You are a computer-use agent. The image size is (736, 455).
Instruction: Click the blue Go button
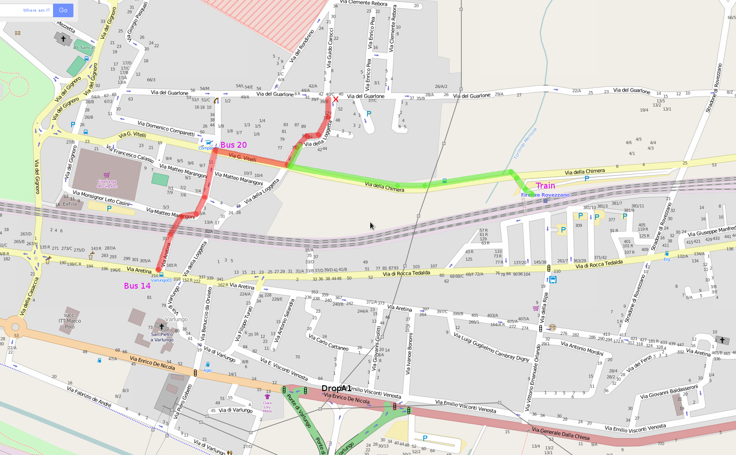(x=63, y=10)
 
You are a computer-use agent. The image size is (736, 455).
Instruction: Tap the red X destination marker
(x=336, y=99)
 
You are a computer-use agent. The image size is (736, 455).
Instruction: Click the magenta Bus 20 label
(x=233, y=145)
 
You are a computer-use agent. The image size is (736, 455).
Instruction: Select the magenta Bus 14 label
(x=137, y=286)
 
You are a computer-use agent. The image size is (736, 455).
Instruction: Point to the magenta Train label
(x=545, y=186)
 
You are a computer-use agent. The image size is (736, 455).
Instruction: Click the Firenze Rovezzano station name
(x=545, y=195)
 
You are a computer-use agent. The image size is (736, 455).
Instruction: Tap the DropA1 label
(x=336, y=388)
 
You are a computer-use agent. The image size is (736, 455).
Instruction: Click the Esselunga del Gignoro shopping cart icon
(x=107, y=175)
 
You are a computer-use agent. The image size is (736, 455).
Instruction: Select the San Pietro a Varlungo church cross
(x=161, y=326)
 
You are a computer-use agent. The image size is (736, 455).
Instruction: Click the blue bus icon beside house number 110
(x=553, y=280)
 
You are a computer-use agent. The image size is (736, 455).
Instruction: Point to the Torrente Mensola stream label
(x=525, y=144)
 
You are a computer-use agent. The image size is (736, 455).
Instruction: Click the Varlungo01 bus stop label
(x=161, y=280)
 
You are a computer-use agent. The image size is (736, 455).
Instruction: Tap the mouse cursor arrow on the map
(x=372, y=226)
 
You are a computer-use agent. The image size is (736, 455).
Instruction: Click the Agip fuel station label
(x=207, y=370)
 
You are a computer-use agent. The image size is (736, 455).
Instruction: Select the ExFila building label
(x=70, y=204)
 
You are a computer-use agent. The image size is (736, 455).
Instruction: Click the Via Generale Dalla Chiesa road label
(x=561, y=434)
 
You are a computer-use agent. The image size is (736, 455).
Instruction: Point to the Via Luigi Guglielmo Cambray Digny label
(x=491, y=348)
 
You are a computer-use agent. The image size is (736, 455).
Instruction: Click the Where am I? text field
(x=27, y=10)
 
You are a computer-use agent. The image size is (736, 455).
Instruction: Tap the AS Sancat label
(x=84, y=47)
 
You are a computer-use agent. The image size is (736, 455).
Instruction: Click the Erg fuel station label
(x=667, y=259)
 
